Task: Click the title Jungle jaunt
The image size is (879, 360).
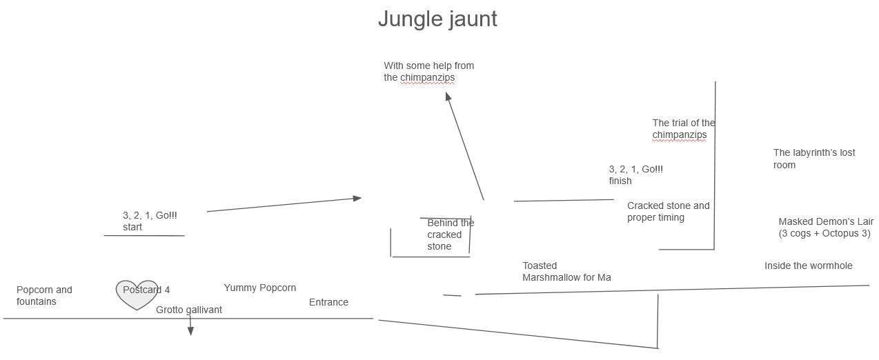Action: coord(437,19)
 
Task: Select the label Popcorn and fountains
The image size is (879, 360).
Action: coord(44,296)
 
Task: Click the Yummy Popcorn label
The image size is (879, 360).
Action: coord(259,288)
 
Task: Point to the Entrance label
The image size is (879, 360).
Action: coord(328,302)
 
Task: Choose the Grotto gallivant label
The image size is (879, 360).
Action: coord(189,310)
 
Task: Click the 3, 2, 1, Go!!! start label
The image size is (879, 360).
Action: coord(150,221)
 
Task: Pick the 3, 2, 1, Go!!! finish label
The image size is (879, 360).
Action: coord(635,174)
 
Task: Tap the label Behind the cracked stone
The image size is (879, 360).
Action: coord(450,234)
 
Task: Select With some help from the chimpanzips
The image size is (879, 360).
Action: coord(428,72)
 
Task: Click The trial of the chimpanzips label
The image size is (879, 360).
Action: coord(683,129)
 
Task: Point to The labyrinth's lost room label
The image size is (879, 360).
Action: coord(813,159)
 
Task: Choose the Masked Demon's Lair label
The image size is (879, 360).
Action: coord(825,228)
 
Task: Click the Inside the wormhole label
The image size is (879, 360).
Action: coord(808,266)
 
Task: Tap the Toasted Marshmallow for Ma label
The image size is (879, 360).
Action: coord(566,271)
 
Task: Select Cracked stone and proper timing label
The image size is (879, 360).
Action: coord(668,212)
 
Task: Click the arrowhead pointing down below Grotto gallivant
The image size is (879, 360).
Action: coord(190,332)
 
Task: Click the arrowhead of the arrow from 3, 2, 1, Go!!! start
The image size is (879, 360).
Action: coord(357,199)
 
